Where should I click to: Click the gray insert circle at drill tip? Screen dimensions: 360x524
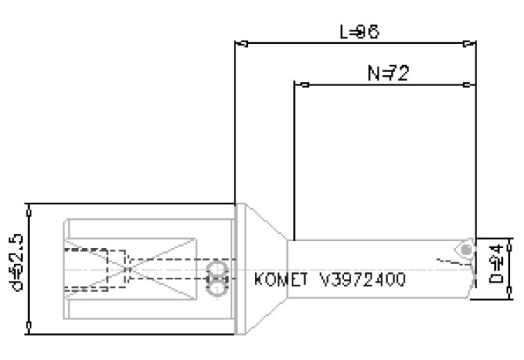467,249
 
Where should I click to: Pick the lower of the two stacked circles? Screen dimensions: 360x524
216,287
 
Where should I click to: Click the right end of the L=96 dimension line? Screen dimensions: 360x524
476,43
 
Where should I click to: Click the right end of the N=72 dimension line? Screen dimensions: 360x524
476,84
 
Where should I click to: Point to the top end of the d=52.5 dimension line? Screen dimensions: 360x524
29,204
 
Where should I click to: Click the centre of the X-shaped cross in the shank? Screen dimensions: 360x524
127,271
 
